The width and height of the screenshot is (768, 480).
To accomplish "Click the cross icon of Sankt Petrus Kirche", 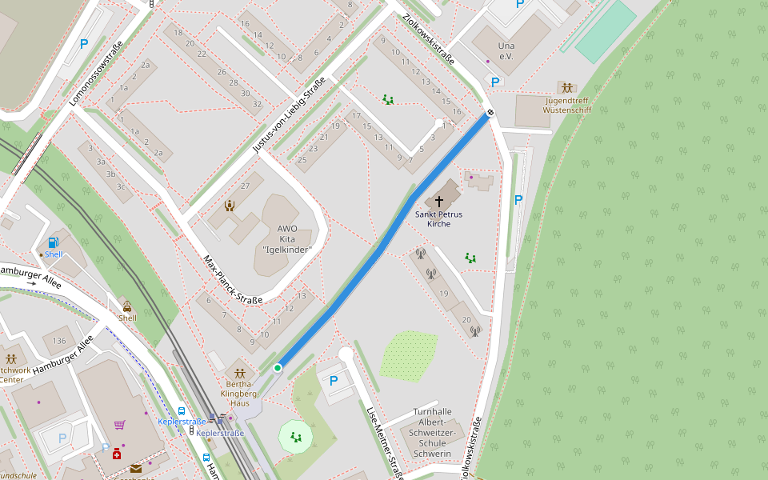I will (439, 202).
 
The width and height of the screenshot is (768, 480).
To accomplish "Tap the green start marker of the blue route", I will (277, 368).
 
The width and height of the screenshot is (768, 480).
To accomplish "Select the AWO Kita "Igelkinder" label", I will (287, 239).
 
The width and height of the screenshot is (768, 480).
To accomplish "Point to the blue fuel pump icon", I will (53, 242).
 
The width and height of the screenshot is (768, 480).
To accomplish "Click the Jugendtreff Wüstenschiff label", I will (567, 105).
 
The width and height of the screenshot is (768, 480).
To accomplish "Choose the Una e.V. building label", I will (506, 51).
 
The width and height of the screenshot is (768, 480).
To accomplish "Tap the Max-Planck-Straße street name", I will (232, 280).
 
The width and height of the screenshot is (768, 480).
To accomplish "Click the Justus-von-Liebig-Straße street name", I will (289, 116).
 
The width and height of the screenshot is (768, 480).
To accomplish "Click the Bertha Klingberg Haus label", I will (239, 394).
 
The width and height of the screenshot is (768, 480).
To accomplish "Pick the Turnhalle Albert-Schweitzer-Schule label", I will (433, 433).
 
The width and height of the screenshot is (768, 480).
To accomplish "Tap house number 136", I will (59, 341).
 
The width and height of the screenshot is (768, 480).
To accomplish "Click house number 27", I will (246, 186).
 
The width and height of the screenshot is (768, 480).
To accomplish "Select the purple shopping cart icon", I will (119, 425).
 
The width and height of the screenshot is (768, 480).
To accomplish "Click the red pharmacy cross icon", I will (117, 454).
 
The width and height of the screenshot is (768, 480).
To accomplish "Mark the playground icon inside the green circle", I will (297, 437).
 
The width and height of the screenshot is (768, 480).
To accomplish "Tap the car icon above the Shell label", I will (127, 306).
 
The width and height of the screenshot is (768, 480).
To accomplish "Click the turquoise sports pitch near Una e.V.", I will (606, 31).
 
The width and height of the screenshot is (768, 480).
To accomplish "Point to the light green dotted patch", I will (409, 354).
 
